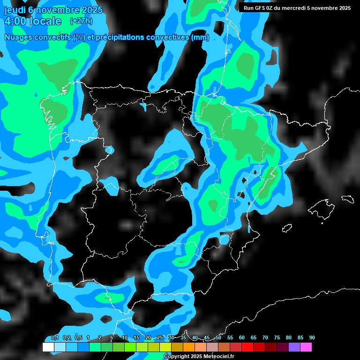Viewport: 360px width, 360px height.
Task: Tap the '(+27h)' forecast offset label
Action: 81,21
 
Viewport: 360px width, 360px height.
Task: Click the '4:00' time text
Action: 18,21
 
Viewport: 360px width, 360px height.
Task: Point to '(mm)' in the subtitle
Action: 200,37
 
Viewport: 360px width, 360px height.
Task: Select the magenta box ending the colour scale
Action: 306,347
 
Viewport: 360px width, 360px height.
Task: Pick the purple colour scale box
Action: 294,347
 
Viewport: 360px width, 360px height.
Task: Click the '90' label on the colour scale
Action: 312,337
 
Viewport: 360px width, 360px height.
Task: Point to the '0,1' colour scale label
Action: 54,337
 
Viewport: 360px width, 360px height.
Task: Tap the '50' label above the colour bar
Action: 218,337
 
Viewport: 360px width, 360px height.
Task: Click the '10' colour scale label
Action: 124,337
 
